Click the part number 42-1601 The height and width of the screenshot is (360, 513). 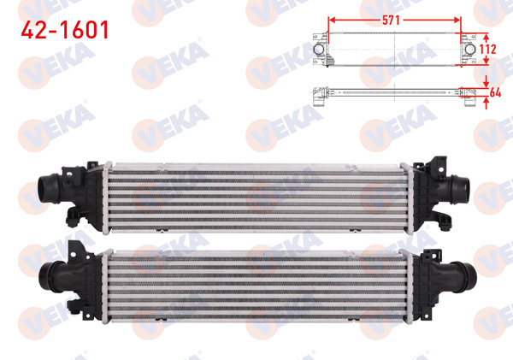(65, 31)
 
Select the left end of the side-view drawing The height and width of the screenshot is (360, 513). (318, 95)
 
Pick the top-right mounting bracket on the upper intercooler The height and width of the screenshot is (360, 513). (441, 162)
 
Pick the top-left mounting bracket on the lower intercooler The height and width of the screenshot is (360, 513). (77, 248)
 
